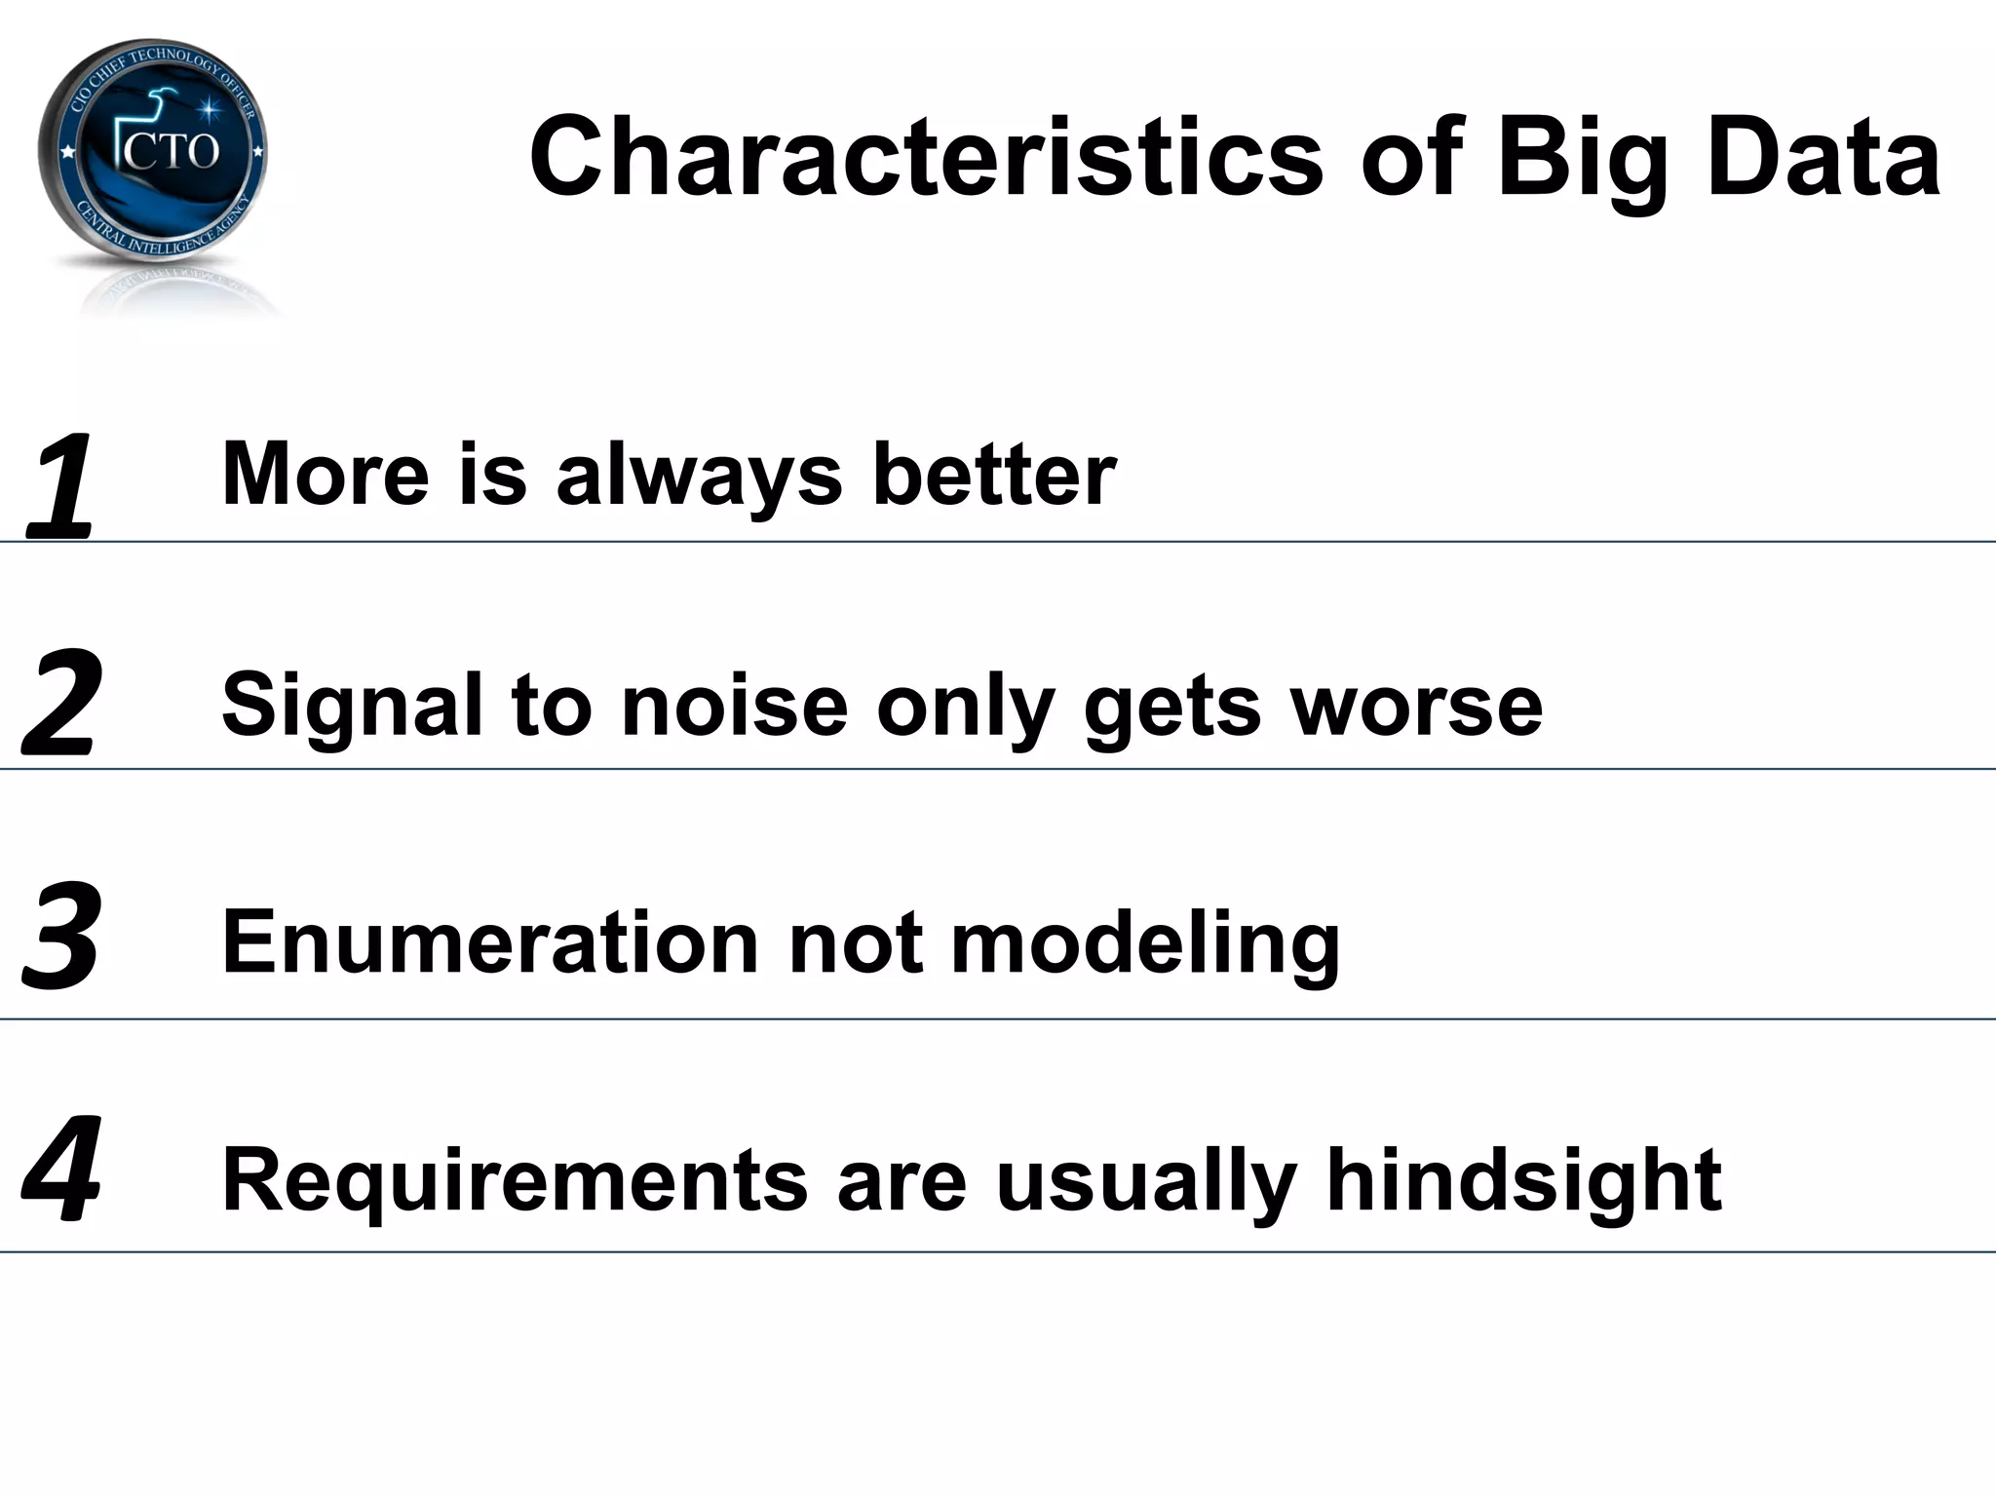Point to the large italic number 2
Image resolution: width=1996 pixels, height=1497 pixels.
click(60, 704)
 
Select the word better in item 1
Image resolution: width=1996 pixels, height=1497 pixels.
click(994, 475)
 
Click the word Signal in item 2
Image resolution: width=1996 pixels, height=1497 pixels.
click(352, 708)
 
